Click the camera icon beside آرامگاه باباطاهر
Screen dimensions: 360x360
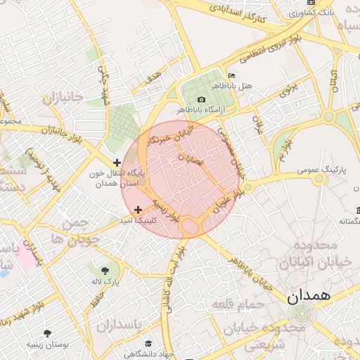(x=202, y=101)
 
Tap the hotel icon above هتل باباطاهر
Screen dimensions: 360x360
(x=232, y=76)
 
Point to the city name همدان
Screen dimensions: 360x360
(x=309, y=295)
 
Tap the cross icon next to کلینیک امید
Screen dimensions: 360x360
(x=138, y=210)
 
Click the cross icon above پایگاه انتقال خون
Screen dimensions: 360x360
(x=117, y=162)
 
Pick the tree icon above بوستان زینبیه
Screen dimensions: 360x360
(x=48, y=333)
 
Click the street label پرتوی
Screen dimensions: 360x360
(x=289, y=90)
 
